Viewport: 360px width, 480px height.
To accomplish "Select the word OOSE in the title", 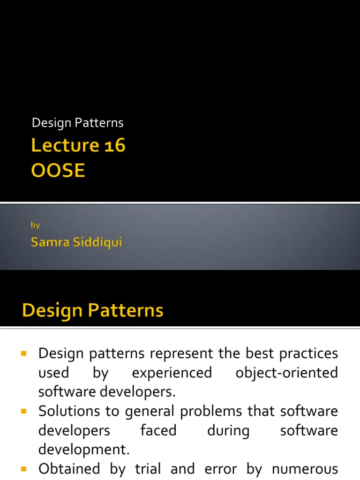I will coord(58,171).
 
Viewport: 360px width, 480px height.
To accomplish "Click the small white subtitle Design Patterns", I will coord(77,123).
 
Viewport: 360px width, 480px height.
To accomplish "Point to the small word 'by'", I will coord(35,225).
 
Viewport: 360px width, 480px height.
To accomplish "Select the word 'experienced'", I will coord(172,373).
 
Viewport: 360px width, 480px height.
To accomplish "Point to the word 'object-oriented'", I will coord(286,373).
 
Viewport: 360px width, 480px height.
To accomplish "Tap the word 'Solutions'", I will coord(69,411).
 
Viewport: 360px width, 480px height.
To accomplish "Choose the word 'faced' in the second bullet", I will coord(158,430).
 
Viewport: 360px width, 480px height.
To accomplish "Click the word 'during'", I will coord(228,430).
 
